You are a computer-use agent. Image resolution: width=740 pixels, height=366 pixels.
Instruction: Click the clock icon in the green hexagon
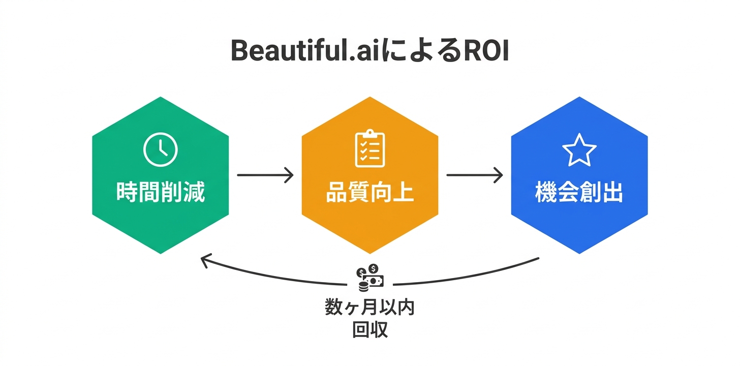click(161, 149)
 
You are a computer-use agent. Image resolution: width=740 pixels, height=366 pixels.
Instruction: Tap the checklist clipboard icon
click(369, 149)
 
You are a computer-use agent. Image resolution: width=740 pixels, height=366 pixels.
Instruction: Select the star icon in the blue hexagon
click(579, 150)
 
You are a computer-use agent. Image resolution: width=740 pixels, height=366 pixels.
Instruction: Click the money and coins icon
click(370, 278)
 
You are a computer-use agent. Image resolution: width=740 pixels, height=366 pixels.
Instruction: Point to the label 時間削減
click(161, 194)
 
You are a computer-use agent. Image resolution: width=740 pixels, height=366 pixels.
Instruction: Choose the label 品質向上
click(369, 194)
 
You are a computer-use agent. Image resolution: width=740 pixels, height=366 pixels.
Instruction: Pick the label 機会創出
click(579, 194)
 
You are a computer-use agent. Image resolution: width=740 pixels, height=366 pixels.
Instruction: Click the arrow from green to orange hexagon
click(265, 175)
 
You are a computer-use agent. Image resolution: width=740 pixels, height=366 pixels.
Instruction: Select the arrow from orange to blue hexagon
click(475, 175)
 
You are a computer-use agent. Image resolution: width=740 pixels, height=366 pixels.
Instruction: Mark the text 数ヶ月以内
click(369, 308)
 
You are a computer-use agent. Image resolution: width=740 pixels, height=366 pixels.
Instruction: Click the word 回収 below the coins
click(369, 330)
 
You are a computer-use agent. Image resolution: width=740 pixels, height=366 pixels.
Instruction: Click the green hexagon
click(161, 224)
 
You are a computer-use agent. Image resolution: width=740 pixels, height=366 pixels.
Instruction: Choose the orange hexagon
click(369, 224)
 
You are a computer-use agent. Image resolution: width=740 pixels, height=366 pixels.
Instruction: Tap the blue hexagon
click(579, 224)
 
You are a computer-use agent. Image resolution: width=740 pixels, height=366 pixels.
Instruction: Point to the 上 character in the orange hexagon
click(404, 194)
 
